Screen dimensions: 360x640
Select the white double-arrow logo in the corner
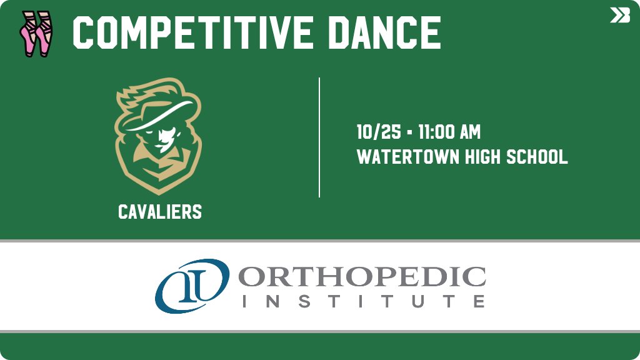pyautogui.click(x=619, y=15)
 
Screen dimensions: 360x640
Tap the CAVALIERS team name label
pyautogui.click(x=160, y=212)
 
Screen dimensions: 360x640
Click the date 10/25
pyautogui.click(x=374, y=132)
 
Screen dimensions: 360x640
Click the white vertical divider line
pyautogui.click(x=319, y=137)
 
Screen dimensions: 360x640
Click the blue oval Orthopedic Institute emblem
pyautogui.click(x=191, y=285)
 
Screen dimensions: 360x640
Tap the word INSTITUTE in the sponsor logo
pyautogui.click(x=362, y=301)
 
